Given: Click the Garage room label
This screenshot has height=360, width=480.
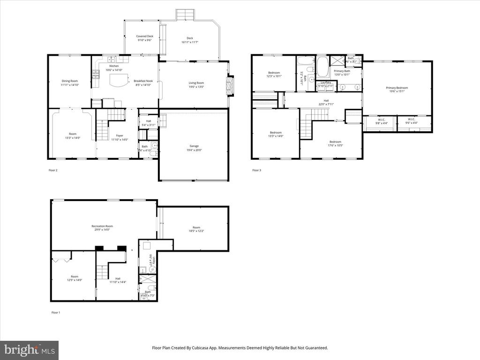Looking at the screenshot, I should point(194,146).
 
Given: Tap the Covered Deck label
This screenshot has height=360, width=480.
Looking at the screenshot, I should point(145,36).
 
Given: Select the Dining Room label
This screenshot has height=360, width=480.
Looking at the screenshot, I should point(69,81).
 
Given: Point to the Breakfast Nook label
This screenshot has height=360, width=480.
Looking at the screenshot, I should point(143,81).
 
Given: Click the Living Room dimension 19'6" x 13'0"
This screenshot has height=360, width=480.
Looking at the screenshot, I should point(196,87).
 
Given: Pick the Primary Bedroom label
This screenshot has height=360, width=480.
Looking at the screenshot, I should point(397,88).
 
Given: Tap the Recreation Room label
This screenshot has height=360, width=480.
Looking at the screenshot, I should point(102,226).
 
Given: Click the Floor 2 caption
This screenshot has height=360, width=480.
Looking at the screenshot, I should point(53,170).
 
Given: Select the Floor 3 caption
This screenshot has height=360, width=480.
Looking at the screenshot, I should point(256,170).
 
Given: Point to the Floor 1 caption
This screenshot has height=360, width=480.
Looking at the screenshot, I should point(56,312).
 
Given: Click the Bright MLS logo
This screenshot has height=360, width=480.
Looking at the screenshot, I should point(29,350).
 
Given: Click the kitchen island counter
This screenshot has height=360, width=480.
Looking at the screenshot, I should point(119,80).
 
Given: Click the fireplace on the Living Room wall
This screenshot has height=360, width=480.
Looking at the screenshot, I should point(229,86).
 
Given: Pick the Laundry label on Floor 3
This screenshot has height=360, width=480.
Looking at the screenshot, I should point(325,82).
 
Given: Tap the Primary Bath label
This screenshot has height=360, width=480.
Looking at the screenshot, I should point(342,70).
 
